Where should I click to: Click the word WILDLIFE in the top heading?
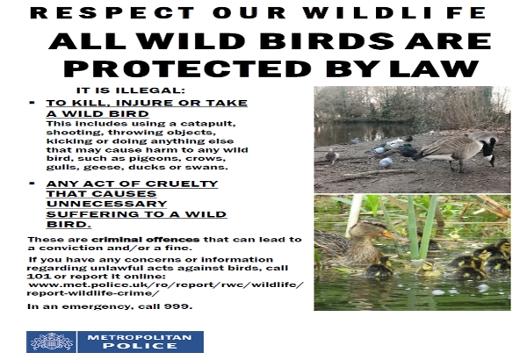coord(394,13)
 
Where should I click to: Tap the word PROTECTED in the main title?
coord(188,68)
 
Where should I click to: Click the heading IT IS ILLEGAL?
coord(131,90)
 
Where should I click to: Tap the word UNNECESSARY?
coord(106,204)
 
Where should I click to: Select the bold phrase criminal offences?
coord(146,240)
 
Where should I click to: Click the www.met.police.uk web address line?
coord(166,285)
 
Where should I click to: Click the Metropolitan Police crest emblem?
coord(51,342)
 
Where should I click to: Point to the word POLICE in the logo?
coord(141,346)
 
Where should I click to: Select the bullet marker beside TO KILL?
coord(32,103)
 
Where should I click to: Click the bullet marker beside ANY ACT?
coord(32,184)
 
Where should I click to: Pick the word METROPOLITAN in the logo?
coord(140,337)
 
